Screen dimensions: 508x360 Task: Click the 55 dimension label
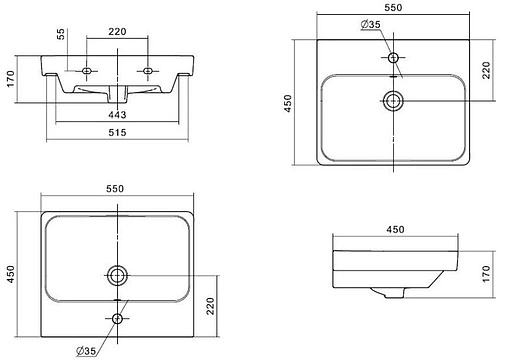pyautogui.click(x=61, y=34)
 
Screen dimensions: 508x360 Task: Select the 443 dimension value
pyautogui.click(x=117, y=115)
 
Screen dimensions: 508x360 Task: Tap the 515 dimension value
pyautogui.click(x=117, y=133)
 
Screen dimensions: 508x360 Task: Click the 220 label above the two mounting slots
pyautogui.click(x=117, y=32)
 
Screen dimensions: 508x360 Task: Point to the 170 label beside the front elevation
pyautogui.click(x=11, y=79)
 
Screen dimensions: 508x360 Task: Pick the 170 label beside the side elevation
pyautogui.click(x=486, y=274)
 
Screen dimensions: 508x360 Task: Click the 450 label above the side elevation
pyautogui.click(x=395, y=229)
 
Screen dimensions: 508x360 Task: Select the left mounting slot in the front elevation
pyautogui.click(x=87, y=71)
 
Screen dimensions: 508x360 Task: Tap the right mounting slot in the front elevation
pyautogui.click(x=147, y=71)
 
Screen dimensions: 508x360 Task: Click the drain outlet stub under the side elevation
pyautogui.click(x=394, y=293)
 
